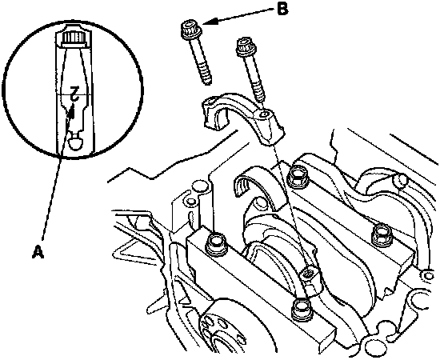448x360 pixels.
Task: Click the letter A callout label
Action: click(x=38, y=252)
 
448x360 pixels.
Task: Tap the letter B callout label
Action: click(x=282, y=9)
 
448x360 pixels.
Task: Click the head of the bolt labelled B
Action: click(x=191, y=30)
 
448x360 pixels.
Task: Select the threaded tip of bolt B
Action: click(x=206, y=77)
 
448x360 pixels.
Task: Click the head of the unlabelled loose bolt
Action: click(x=246, y=46)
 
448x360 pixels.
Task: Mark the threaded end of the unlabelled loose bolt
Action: click(x=258, y=92)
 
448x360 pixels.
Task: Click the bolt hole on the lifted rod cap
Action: click(x=265, y=114)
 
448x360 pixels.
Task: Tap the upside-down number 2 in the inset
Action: click(x=74, y=93)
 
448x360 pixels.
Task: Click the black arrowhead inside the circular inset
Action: click(x=72, y=111)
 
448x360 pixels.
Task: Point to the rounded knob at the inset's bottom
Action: click(x=76, y=143)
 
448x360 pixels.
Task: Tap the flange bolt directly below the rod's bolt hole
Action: click(x=301, y=310)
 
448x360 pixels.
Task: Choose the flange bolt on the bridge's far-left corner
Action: click(x=216, y=244)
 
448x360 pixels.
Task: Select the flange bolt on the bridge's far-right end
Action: click(x=382, y=234)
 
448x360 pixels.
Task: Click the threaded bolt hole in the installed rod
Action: click(x=309, y=273)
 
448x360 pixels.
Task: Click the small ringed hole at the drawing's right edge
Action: click(x=428, y=275)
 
